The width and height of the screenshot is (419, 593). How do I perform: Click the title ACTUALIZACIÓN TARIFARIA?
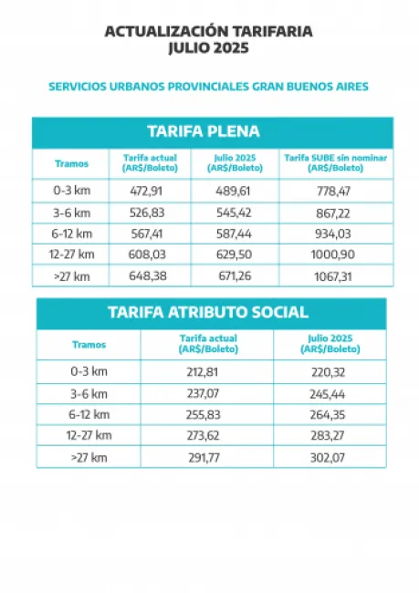coord(208,31)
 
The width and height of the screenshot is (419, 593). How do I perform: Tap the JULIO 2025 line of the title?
coord(208,47)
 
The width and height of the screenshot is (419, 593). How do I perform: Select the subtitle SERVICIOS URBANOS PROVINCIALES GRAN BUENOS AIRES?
coord(208,87)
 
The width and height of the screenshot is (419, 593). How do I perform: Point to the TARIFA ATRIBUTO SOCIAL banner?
coord(208,312)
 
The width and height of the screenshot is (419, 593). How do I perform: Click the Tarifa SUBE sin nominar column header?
coord(335,162)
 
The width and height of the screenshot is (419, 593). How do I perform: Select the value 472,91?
coord(150,192)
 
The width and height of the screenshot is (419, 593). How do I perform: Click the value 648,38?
coord(150,276)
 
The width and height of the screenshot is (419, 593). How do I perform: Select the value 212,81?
coord(206,372)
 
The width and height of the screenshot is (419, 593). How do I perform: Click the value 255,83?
coord(206,414)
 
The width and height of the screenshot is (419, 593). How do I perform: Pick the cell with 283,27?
coord(329,435)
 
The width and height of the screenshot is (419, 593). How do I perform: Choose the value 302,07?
coord(329,456)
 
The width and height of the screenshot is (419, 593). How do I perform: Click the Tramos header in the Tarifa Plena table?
coord(71,163)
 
